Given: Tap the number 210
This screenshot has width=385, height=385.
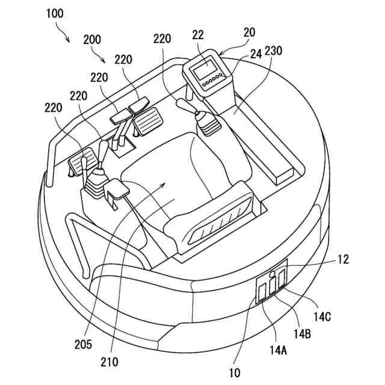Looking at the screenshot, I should (109, 362).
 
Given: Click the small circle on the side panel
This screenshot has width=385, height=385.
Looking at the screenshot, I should (272, 275).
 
